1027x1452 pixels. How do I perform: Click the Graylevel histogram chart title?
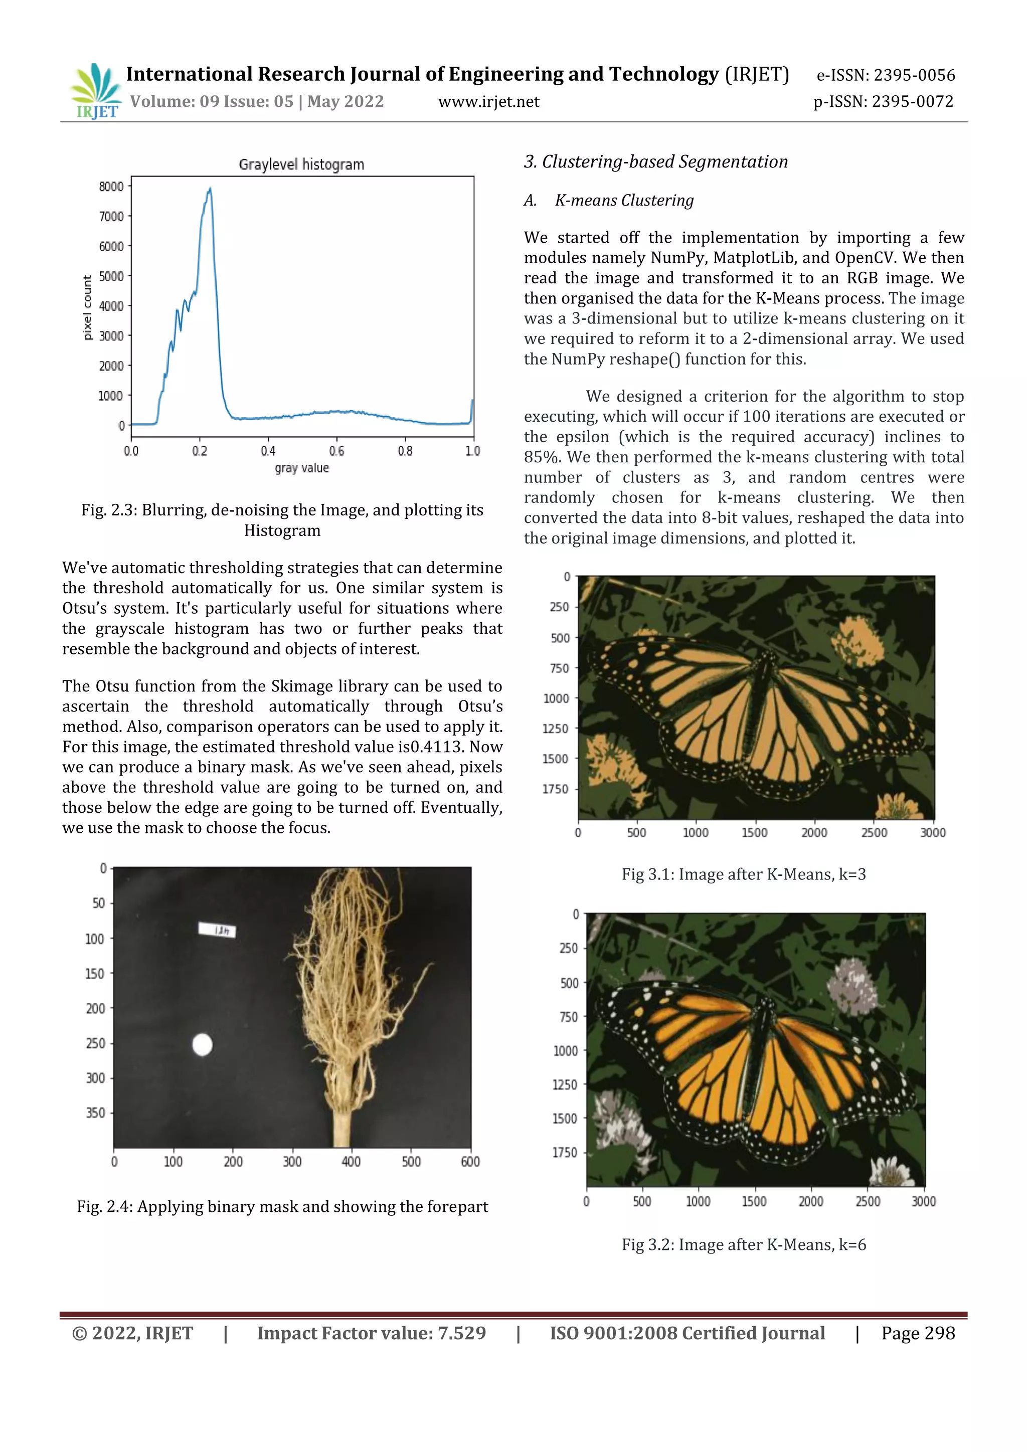302,164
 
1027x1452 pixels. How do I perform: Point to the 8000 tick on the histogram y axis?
111,187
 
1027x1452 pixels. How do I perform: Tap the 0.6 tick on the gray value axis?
336,451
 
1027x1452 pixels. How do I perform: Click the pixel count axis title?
87,307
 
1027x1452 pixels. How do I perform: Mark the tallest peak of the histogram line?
210,189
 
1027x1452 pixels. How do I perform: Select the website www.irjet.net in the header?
488,102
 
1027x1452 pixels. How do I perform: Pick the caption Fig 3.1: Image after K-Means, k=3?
744,874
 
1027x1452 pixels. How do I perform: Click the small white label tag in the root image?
217,930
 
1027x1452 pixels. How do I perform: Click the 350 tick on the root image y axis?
95,1113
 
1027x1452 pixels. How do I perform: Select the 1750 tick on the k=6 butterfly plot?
565,1152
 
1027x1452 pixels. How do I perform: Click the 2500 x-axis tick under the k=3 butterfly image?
874,833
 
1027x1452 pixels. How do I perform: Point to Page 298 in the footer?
918,1333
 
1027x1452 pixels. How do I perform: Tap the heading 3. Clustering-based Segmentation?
656,162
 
